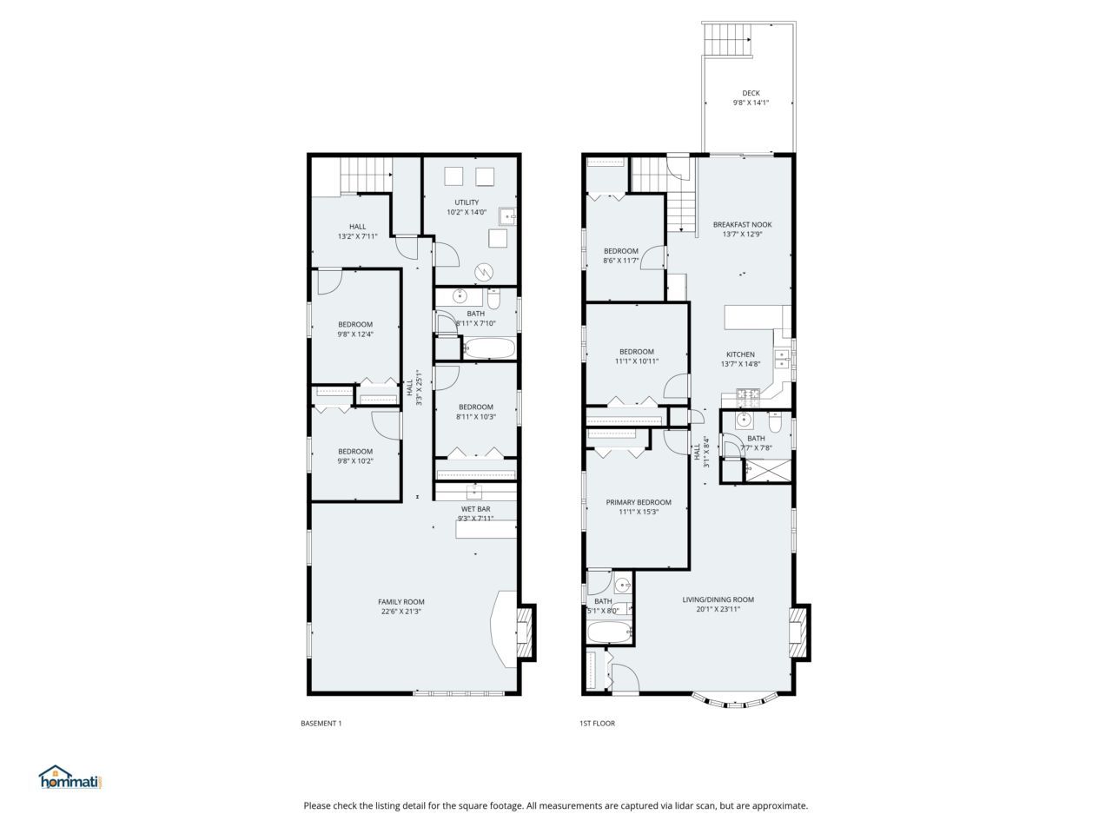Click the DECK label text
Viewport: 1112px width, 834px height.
tap(751, 93)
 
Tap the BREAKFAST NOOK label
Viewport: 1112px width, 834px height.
tap(742, 224)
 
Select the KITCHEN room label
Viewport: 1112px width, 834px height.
tap(740, 354)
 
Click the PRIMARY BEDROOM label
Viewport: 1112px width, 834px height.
tap(639, 502)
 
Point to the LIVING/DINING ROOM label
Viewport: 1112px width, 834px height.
tap(718, 599)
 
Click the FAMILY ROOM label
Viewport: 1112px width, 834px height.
tap(400, 601)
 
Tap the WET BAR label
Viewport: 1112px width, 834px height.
tap(475, 509)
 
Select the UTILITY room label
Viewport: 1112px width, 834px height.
tap(467, 202)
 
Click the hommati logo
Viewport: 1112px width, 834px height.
tap(70, 778)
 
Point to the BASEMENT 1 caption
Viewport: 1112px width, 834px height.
tap(321, 723)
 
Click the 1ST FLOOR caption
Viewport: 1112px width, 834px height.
tap(597, 723)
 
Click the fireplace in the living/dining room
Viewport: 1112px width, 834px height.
tap(798, 630)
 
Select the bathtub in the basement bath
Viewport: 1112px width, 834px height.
tap(488, 349)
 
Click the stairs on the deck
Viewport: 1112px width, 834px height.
tap(726, 39)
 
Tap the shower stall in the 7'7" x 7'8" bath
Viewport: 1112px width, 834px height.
tap(770, 470)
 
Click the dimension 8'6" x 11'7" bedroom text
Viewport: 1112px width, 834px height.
tap(621, 261)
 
